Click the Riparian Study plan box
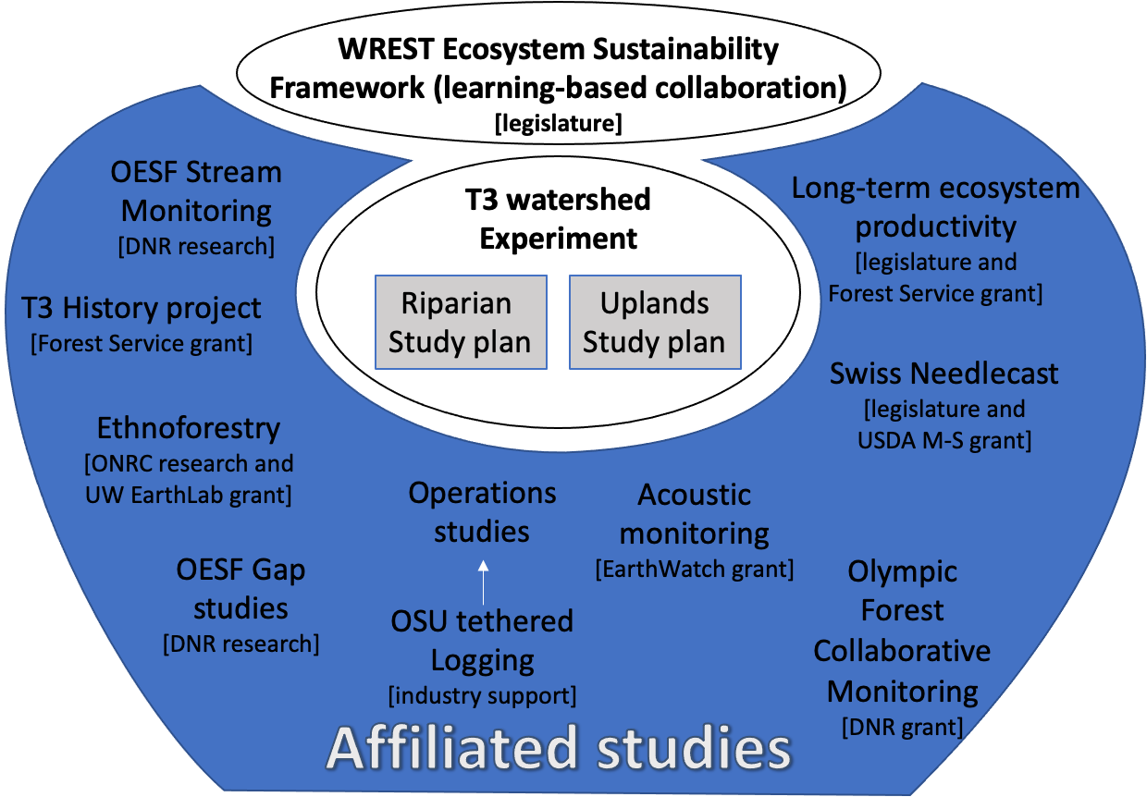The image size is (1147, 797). pyautogui.click(x=460, y=323)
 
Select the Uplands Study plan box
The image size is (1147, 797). pyautogui.click(x=654, y=323)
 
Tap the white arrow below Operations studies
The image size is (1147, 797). pyautogui.click(x=483, y=580)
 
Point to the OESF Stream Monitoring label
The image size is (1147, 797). pyautogui.click(x=196, y=191)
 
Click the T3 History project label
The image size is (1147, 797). pyautogui.click(x=142, y=308)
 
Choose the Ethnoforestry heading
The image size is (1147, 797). pyautogui.click(x=189, y=428)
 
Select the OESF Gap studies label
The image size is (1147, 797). pyautogui.click(x=240, y=589)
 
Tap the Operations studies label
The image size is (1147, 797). pyautogui.click(x=482, y=512)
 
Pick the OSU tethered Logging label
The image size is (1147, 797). pyautogui.click(x=482, y=640)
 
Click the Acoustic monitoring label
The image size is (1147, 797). pyautogui.click(x=695, y=514)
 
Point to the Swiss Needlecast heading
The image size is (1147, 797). pyautogui.click(x=943, y=374)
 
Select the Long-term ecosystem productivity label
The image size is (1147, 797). pyautogui.click(x=935, y=207)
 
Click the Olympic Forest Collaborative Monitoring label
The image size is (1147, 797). pyautogui.click(x=902, y=631)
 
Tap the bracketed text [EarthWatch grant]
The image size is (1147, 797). pyautogui.click(x=695, y=569)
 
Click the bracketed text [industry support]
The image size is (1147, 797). pyautogui.click(x=482, y=694)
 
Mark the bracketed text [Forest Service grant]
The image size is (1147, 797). pyautogui.click(x=142, y=344)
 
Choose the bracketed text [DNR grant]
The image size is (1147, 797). pyautogui.click(x=902, y=728)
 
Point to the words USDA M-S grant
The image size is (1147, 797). pyautogui.click(x=943, y=440)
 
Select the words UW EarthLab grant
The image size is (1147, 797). pyautogui.click(x=189, y=495)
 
